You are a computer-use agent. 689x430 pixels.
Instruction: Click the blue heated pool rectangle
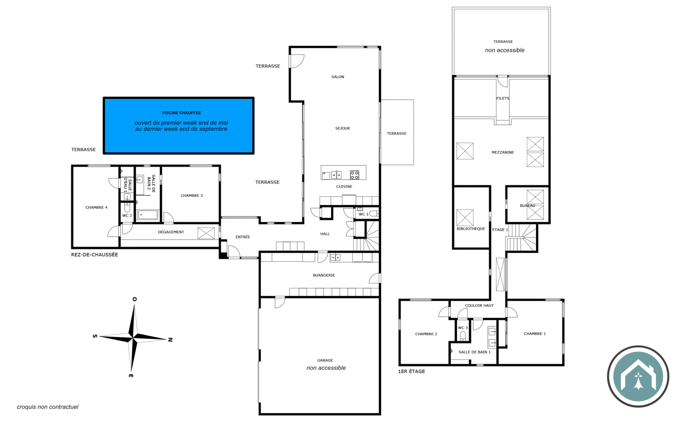(178, 126)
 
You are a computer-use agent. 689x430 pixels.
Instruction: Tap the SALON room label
(338, 77)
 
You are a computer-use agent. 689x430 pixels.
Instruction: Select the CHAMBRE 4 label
(96, 207)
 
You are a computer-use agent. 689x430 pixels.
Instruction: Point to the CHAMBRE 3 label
(192, 196)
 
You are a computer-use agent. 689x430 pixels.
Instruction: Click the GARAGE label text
(325, 360)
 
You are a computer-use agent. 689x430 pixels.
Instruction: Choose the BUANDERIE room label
(324, 275)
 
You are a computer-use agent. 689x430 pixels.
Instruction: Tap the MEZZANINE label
(502, 152)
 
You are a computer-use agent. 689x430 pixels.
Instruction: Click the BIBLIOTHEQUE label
(471, 229)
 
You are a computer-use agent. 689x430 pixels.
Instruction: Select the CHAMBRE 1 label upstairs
(535, 333)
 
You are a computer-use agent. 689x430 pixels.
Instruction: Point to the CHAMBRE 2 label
(426, 334)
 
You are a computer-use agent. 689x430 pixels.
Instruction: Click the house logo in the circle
(638, 376)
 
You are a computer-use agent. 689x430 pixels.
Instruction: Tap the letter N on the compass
(170, 340)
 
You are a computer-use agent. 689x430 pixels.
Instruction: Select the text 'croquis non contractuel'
(48, 407)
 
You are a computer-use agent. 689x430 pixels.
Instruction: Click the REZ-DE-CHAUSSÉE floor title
(94, 254)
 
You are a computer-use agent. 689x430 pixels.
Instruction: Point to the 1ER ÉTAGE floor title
(411, 371)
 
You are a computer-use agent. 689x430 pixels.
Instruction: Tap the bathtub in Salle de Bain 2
(148, 214)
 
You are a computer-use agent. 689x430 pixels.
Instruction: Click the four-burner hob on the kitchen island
(354, 175)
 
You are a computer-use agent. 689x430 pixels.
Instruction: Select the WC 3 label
(463, 328)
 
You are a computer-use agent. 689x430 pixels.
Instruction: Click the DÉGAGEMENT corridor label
(171, 232)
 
